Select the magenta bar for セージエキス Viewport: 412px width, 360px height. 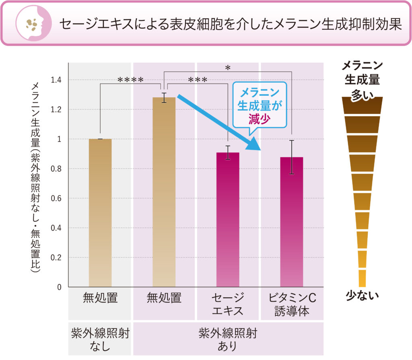point(228,219)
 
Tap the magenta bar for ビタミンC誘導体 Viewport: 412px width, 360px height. point(292,222)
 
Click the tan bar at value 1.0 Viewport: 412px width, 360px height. point(100,213)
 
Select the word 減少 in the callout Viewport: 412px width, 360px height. point(259,119)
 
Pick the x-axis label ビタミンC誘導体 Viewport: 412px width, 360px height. point(292,304)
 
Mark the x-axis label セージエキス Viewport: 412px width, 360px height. point(228,304)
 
